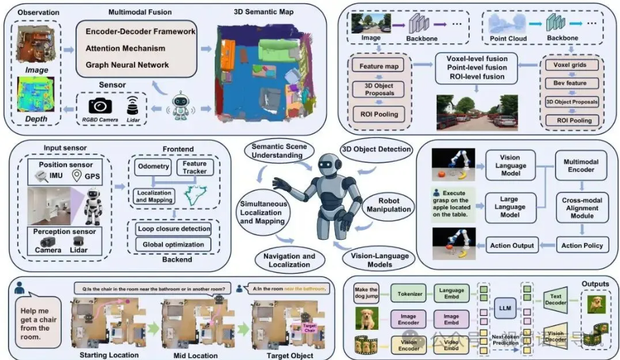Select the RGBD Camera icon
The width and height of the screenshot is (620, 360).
tap(100, 105)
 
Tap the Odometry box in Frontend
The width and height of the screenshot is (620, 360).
tap(152, 167)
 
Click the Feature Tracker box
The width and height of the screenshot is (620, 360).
tap(194, 168)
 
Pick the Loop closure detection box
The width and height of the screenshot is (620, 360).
tap(173, 229)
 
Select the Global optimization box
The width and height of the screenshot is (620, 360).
tap(173, 244)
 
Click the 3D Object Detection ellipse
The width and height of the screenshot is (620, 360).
tap(376, 149)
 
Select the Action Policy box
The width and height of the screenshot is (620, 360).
tap(581, 246)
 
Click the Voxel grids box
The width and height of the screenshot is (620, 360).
tap(570, 66)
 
